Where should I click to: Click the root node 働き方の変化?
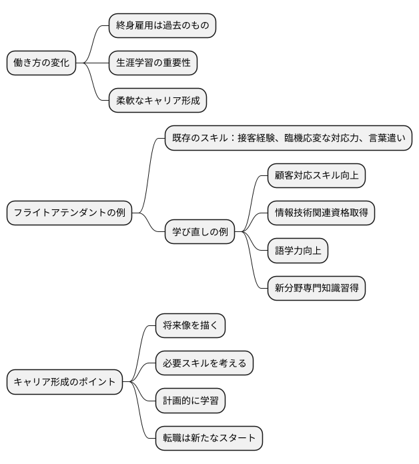point(41,63)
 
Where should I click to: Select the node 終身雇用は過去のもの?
point(163,26)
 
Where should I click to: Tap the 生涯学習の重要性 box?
point(153,63)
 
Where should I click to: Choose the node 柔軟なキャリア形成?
point(157,101)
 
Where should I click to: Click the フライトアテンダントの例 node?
point(69,214)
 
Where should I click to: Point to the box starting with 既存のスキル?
point(288,139)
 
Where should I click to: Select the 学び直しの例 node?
point(200,232)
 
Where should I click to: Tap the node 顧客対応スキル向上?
point(316,176)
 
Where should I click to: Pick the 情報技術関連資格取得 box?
point(321,213)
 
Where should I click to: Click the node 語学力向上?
point(298,251)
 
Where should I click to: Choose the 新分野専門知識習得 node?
point(316,288)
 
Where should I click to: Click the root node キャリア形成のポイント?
point(65,382)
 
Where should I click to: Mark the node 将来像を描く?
point(190,326)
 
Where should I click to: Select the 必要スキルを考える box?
point(204,363)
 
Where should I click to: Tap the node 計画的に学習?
point(190,401)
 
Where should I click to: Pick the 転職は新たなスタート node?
point(209,438)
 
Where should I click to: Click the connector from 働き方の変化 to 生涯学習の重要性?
point(93,63)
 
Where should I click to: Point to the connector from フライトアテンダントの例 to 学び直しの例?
point(149,223)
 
